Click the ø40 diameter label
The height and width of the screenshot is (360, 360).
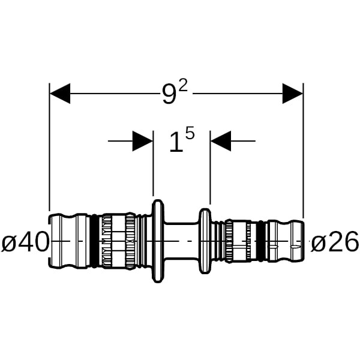click(x=25, y=243)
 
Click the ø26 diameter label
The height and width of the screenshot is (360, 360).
click(x=335, y=243)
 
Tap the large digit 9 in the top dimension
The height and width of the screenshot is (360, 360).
click(x=169, y=95)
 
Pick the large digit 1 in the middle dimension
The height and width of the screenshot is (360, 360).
click(x=175, y=143)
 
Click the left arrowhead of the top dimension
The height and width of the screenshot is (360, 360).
click(x=60, y=94)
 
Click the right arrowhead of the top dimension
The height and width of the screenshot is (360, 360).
click(x=292, y=94)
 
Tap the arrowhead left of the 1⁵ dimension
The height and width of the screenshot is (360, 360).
click(x=142, y=142)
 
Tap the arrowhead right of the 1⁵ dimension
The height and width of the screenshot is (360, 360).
click(x=221, y=142)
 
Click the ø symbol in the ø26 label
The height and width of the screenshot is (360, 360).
click(x=318, y=244)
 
